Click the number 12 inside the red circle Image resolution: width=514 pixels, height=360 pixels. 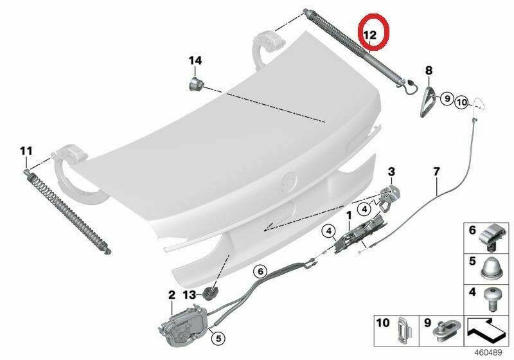371,35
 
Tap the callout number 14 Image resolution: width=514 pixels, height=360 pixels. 195,60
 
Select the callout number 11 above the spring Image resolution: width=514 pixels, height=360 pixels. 26,151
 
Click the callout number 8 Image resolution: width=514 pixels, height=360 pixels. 429,70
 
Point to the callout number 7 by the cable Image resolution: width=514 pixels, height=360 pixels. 436,172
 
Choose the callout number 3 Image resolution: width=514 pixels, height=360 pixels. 391,172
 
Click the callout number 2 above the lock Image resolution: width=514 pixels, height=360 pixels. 172,295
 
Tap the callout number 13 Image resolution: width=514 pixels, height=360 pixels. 190,294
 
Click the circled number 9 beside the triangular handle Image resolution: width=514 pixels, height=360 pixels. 447,98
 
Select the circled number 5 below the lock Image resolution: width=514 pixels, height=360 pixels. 218,337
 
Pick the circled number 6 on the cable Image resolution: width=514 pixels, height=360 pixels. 261,271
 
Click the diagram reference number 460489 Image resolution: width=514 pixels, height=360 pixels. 488,353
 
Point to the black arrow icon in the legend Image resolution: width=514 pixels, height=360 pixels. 486,332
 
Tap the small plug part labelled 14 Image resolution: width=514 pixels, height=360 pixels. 196,85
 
